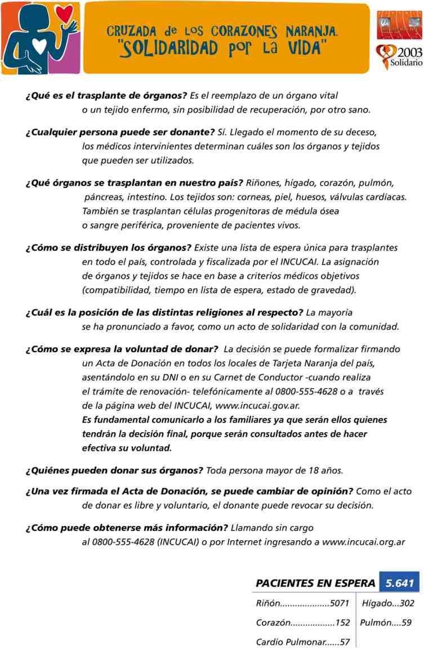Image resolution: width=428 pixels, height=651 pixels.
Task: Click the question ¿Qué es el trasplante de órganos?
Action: pos(106,96)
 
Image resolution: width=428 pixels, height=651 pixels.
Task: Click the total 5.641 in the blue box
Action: pos(399,582)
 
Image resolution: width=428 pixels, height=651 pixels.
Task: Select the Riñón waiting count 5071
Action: pos(340,604)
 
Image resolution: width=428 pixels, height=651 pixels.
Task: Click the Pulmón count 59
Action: pos(406,623)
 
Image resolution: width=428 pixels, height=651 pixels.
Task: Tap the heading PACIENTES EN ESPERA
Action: pos(315,583)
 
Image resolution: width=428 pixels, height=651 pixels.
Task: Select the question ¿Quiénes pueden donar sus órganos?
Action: pos(114,470)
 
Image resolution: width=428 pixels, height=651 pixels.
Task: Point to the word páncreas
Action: pos(105,199)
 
